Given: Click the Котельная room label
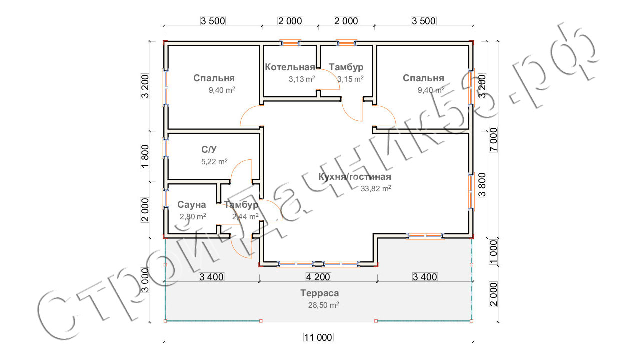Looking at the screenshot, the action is (x=290, y=67).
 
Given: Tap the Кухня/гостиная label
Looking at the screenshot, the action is (x=355, y=177).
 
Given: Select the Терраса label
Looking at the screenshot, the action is (x=319, y=293).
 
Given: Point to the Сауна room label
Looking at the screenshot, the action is (x=191, y=205).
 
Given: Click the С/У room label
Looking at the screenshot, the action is (x=209, y=149).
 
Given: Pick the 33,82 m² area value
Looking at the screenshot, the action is (x=376, y=189).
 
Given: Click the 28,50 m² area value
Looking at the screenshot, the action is (x=323, y=305).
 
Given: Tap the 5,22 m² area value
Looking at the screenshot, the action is (x=214, y=162).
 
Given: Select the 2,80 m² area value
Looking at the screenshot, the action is (x=193, y=217).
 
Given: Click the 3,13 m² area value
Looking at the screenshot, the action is (x=302, y=79).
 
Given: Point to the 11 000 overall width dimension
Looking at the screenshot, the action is (x=318, y=337).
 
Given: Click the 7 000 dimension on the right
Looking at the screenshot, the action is (x=493, y=139).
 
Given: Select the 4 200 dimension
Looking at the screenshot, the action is (x=318, y=277).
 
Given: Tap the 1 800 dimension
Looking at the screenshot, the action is (x=145, y=157).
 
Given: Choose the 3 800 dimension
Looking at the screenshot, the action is (x=482, y=185).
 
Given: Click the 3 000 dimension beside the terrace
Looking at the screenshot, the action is (x=145, y=280).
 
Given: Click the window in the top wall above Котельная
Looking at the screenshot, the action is (x=290, y=43).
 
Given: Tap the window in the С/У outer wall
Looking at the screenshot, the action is (x=165, y=148).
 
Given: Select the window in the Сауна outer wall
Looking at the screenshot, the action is (x=165, y=198).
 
